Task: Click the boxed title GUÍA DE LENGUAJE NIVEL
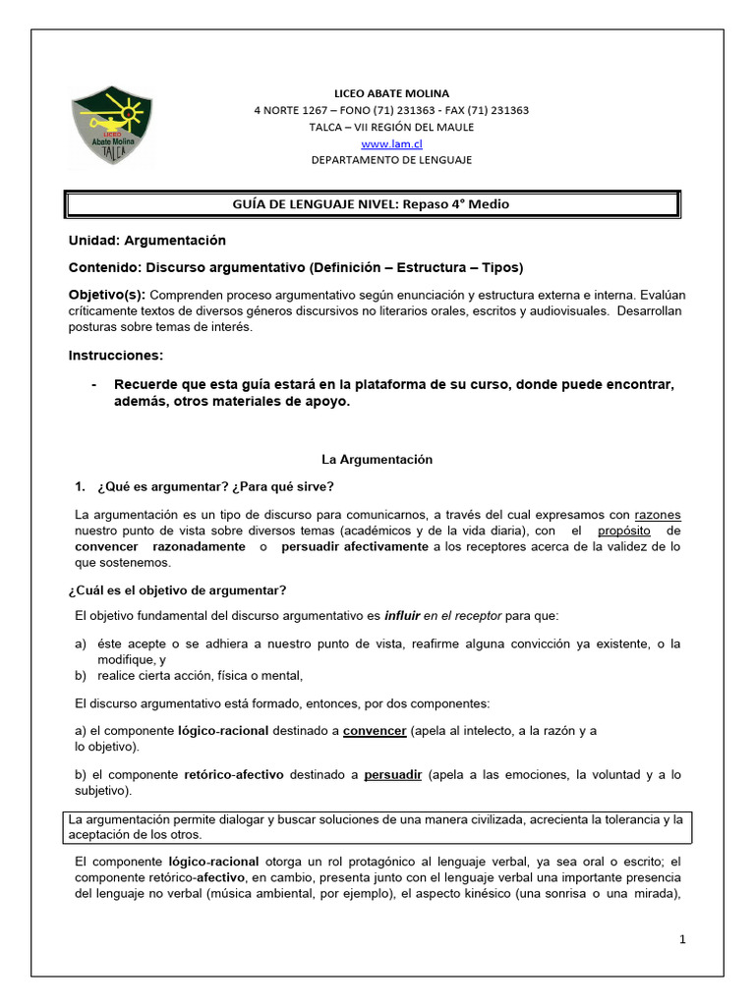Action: pyautogui.click(x=372, y=204)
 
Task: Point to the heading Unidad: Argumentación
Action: pyautogui.click(x=146, y=241)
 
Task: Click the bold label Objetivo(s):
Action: pyautogui.click(x=106, y=295)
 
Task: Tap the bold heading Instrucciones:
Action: pyautogui.click(x=116, y=355)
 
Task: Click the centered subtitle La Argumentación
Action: pyautogui.click(x=377, y=459)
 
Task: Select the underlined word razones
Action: pyautogui.click(x=657, y=515)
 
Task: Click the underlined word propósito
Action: pyautogui.click(x=624, y=531)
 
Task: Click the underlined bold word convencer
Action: pyautogui.click(x=374, y=731)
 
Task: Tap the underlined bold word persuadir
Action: pyautogui.click(x=392, y=775)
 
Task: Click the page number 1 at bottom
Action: pyautogui.click(x=681, y=940)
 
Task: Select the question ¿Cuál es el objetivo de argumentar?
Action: pyautogui.click(x=177, y=589)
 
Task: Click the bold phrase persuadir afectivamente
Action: pyautogui.click(x=355, y=547)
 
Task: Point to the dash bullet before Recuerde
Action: pyautogui.click(x=94, y=385)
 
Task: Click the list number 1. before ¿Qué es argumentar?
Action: pyautogui.click(x=82, y=487)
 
